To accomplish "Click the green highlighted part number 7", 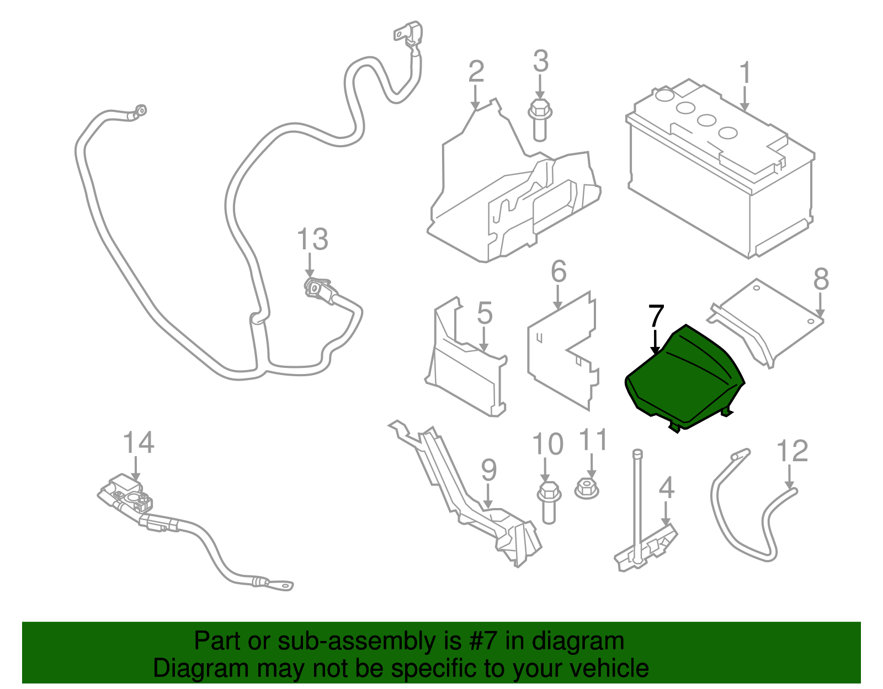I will [x=684, y=381].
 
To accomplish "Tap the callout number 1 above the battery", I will [x=745, y=73].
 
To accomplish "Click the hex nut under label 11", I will [x=587, y=488].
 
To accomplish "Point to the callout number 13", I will [x=312, y=240].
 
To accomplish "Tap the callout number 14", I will [x=138, y=443].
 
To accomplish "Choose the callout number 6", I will [x=558, y=272].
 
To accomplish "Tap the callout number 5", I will [x=485, y=313].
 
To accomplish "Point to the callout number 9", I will [x=489, y=471].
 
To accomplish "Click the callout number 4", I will [x=667, y=488].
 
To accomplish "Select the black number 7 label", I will [x=656, y=316].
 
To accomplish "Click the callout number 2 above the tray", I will [x=476, y=72].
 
